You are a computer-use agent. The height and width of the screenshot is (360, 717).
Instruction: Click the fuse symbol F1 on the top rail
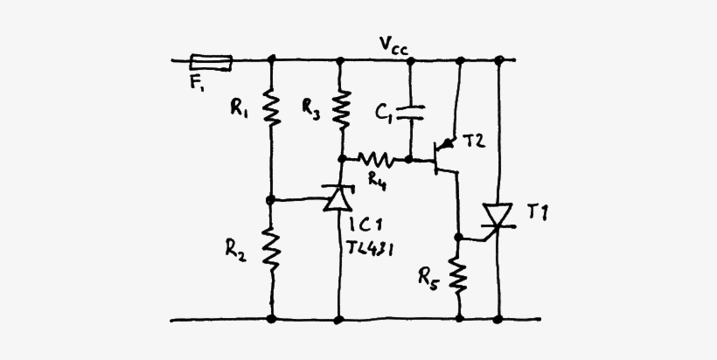(x=212, y=61)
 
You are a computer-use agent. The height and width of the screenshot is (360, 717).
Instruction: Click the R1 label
(x=239, y=107)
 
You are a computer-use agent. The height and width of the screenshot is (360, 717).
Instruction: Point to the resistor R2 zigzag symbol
(x=272, y=249)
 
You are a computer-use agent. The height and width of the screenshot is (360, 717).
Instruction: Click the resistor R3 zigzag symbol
(x=341, y=107)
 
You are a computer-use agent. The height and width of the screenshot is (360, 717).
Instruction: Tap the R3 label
(x=310, y=107)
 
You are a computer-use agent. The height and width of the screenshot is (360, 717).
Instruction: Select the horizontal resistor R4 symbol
(x=377, y=160)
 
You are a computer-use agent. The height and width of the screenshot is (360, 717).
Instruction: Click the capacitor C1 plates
(x=410, y=111)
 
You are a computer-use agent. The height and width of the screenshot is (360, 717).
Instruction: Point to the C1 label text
(x=383, y=113)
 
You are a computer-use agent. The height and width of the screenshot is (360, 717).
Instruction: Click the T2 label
(x=474, y=142)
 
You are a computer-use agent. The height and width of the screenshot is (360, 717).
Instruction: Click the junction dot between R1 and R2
(x=272, y=199)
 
